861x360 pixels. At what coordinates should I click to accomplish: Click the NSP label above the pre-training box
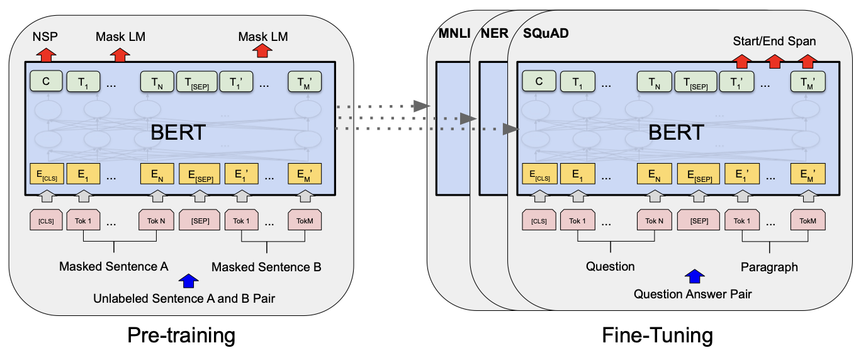click(45, 37)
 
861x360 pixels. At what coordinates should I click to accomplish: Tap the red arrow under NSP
click(46, 55)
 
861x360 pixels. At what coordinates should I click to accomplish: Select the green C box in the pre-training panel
click(45, 82)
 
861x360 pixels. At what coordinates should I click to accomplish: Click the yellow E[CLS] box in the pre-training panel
click(45, 174)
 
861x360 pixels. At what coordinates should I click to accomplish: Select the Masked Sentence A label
click(113, 266)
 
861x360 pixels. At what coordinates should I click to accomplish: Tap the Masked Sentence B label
click(266, 267)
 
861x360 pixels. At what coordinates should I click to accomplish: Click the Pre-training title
click(181, 335)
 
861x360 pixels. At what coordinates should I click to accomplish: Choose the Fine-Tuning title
click(658, 335)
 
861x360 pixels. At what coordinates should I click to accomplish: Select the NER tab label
click(494, 33)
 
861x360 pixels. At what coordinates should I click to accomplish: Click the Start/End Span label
click(774, 41)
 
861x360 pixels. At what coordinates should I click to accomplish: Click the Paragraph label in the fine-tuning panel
click(768, 267)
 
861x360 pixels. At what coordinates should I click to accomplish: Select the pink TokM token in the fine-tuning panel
click(808, 220)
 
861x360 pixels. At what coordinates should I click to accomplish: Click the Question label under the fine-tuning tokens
click(610, 266)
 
